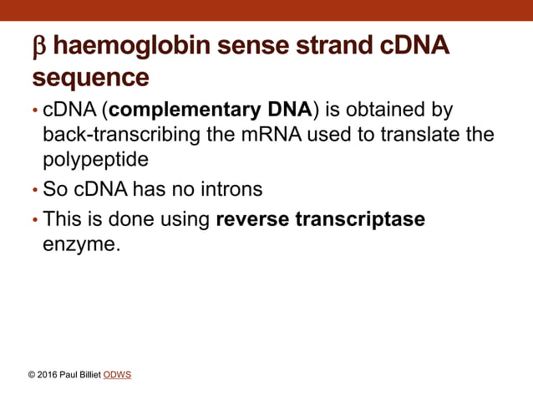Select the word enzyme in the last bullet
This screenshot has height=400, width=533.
click(82, 246)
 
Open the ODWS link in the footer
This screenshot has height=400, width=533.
click(117, 374)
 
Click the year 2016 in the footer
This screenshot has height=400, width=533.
click(48, 374)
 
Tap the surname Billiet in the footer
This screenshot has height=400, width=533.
click(89, 374)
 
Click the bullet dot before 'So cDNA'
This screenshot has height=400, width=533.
click(34, 191)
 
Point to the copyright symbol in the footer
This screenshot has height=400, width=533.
click(32, 374)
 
